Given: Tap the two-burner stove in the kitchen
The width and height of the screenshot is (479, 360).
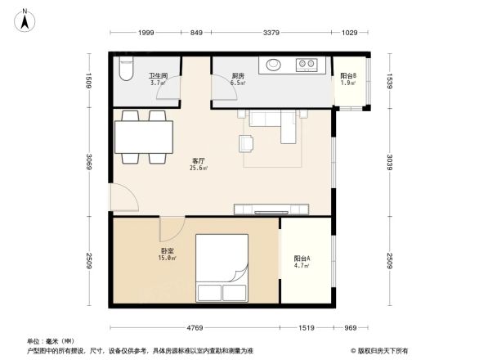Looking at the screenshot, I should pos(308,63).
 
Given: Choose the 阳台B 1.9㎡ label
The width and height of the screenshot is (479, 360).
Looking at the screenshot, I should pos(347,79).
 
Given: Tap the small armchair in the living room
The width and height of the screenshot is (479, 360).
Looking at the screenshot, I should pos(247,143).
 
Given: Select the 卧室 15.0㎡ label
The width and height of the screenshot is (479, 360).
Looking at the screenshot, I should pos(168,254).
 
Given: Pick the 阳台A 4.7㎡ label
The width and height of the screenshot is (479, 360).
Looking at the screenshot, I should pos(301,263).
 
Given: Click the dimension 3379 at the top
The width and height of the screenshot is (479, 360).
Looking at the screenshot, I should pos(271,34).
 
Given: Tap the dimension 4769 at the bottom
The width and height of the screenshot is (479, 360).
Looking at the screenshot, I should pos(193,328).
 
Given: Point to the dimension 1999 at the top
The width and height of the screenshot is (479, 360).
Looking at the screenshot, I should pos(145,34).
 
